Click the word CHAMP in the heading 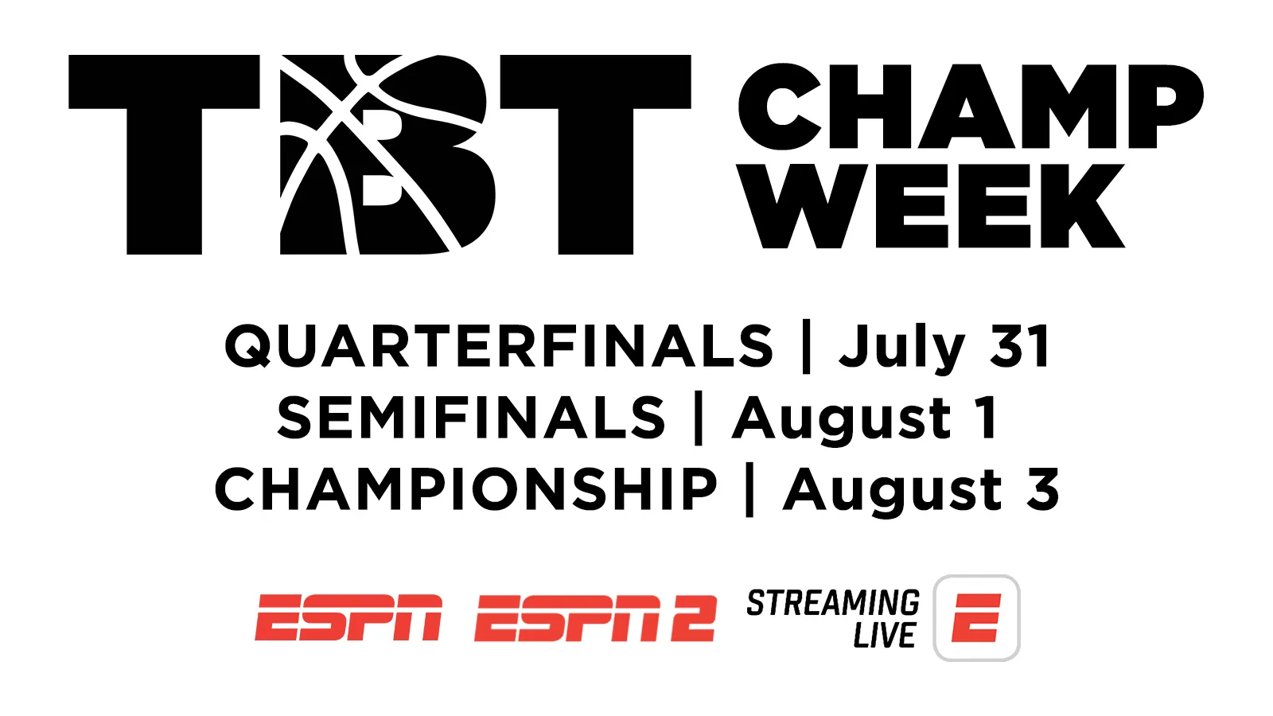[971, 107]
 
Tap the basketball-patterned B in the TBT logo [387, 154]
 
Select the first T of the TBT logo [164, 154]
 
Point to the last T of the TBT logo [596, 154]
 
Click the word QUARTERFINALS [499, 346]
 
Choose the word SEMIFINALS [471, 418]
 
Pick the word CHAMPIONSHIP [466, 489]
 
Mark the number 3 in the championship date [1043, 489]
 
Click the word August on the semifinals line [842, 421]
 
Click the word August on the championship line [893, 492]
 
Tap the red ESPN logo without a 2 [348, 617]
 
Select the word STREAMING [833, 603]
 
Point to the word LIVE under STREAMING [884, 636]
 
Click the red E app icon [976, 617]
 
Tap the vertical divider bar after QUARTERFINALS [806, 347]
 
